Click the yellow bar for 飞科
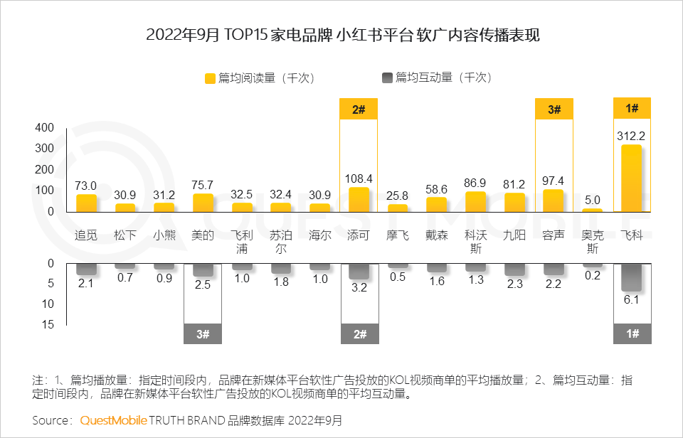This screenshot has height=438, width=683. [631, 178]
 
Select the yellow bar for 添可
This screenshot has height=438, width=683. [359, 200]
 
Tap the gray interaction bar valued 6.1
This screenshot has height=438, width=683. [631, 277]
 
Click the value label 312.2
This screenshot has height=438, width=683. [632, 136]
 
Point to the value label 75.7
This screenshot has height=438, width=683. [203, 185]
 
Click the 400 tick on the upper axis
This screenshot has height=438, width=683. [45, 128]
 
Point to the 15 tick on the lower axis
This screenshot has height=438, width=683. [48, 324]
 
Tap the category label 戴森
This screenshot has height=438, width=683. [437, 235]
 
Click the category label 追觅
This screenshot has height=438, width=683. [86, 235]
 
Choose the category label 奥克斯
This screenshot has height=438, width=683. [592, 242]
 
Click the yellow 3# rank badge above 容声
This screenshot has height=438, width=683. [554, 109]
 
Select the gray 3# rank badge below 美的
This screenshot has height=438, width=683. [203, 333]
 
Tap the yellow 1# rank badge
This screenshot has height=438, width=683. [632, 109]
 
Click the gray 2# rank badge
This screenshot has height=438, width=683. [359, 333]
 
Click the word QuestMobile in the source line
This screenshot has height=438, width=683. [112, 420]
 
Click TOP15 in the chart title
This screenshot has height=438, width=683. [247, 34]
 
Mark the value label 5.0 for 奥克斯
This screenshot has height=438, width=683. [592, 200]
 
